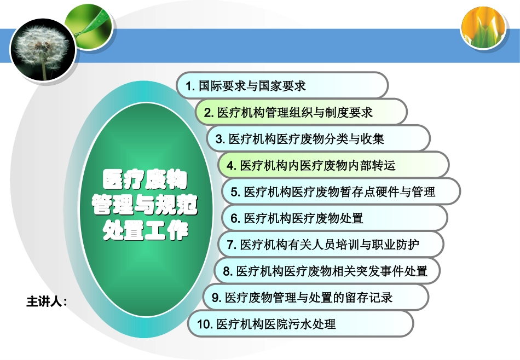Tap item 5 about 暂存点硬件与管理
340,191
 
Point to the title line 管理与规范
145,206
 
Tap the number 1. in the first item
190,86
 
